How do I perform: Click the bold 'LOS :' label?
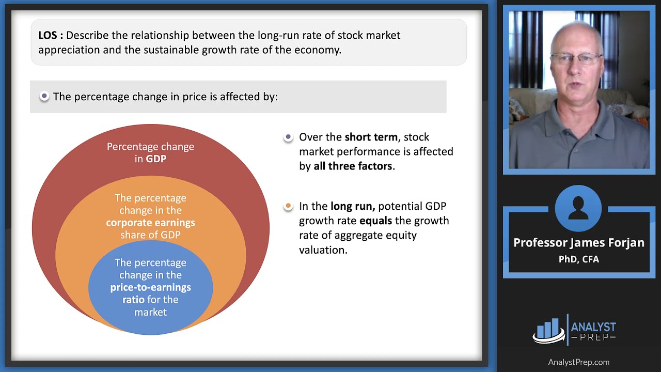(51, 36)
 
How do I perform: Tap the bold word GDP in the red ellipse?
(156, 159)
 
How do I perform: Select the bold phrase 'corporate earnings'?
(150, 223)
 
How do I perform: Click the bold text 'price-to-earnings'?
(150, 287)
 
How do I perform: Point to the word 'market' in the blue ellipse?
(150, 312)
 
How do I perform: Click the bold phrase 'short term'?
(371, 137)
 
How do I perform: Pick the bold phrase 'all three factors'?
(353, 166)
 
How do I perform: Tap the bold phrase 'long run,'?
(353, 206)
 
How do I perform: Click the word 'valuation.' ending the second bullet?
(323, 250)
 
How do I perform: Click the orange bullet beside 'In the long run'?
(288, 206)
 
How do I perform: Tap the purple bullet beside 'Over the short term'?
(288, 137)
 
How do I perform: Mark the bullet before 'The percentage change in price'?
(44, 96)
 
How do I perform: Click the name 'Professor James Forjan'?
(578, 243)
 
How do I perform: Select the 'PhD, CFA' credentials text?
(578, 259)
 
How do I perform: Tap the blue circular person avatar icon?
(578, 208)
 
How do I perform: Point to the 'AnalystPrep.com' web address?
(578, 362)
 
